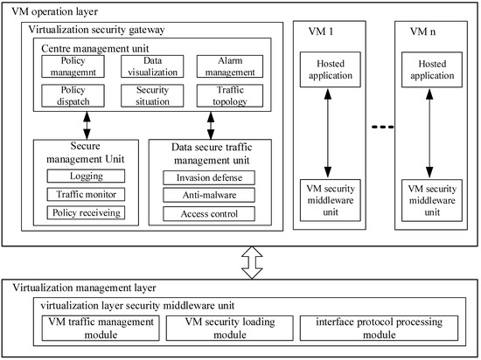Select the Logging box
pyautogui.click(x=86, y=177)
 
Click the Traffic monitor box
pyautogui.click(x=86, y=194)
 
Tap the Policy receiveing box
pyautogui.click(x=86, y=212)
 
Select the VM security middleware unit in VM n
pyautogui.click(x=429, y=197)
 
